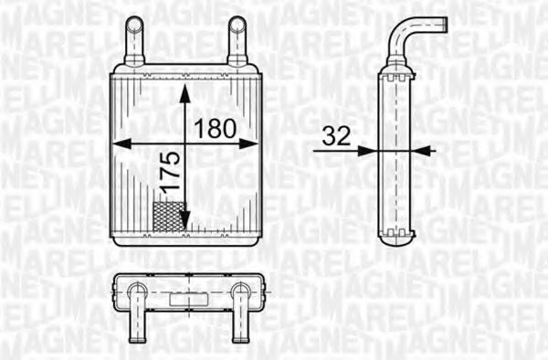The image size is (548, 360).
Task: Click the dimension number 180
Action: (221, 128)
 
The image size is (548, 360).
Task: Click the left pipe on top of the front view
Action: (133, 41)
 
